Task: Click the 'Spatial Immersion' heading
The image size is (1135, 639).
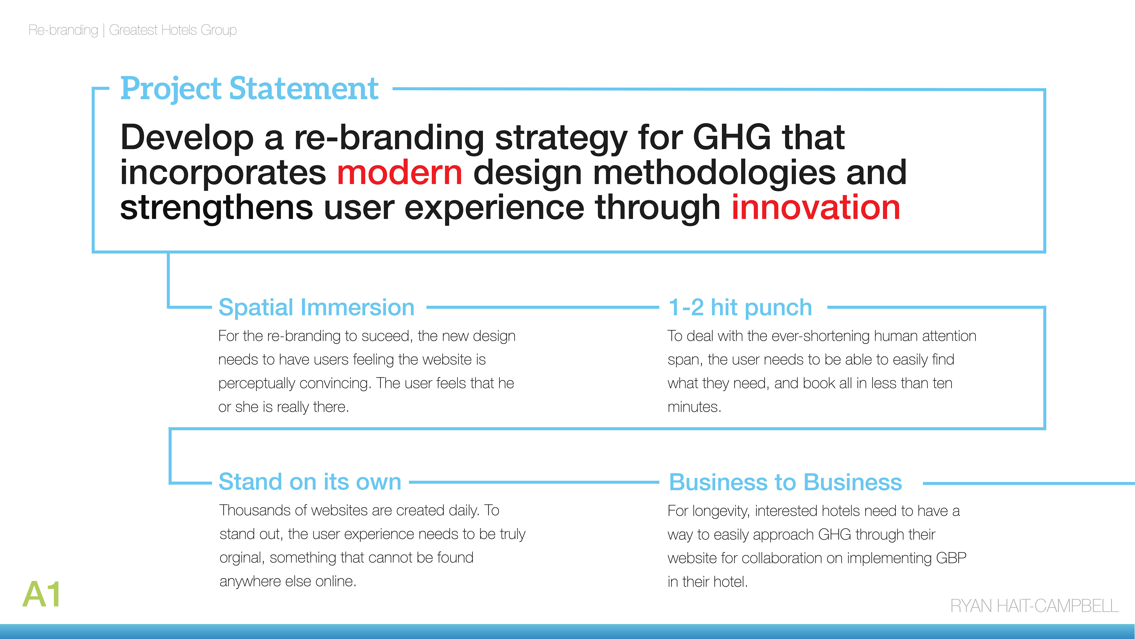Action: pos(316,307)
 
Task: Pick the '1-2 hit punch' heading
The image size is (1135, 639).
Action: pos(740,308)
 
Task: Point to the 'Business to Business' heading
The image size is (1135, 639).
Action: pos(785,482)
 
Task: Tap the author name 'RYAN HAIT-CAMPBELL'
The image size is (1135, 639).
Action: pos(1034,606)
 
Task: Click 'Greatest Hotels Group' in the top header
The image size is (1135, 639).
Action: pos(173,30)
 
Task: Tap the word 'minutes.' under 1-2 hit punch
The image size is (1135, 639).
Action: pos(694,407)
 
